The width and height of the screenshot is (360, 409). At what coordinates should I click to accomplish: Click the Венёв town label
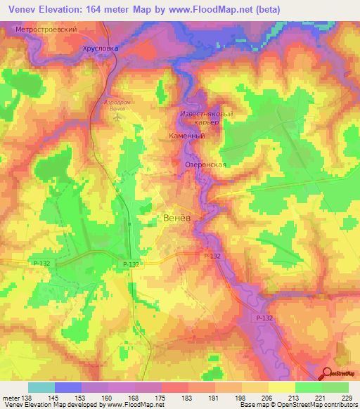pyautogui.click(x=176, y=218)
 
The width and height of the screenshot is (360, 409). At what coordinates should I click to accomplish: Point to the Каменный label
pyautogui.click(x=187, y=136)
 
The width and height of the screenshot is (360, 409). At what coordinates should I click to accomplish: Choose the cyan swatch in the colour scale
pyautogui.click(x=41, y=387)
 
